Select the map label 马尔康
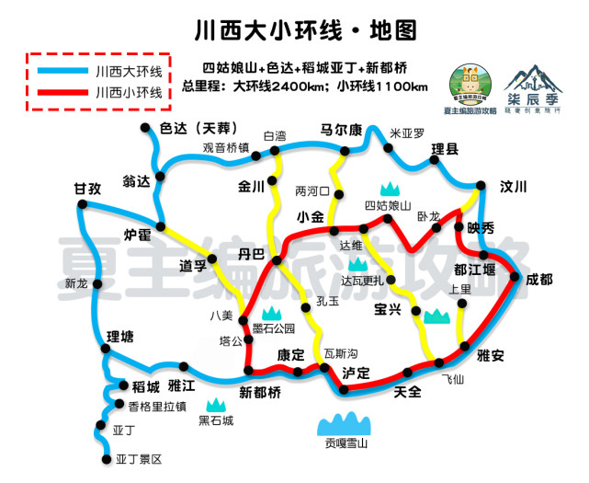[342, 130]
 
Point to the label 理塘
[120, 336]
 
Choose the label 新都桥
[260, 393]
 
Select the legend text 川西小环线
[129, 92]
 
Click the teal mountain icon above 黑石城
[217, 404]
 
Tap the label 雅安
[491, 356]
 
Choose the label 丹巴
[251, 253]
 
